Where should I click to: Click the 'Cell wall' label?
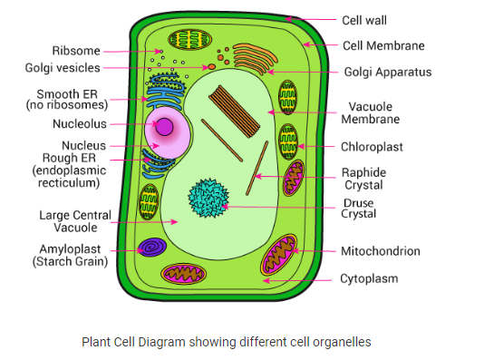(x=364, y=20)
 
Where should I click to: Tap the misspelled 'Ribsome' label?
(x=76, y=51)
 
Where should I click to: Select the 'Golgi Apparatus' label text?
(x=388, y=72)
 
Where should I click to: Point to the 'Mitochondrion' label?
(x=381, y=251)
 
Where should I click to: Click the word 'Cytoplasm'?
(x=369, y=278)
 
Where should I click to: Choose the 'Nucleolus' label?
(x=80, y=124)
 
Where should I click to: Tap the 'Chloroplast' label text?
(x=372, y=147)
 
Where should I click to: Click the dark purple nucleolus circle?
(x=164, y=127)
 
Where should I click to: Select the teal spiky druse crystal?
(x=208, y=198)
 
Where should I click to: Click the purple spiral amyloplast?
(x=152, y=247)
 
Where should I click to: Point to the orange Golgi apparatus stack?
(x=255, y=59)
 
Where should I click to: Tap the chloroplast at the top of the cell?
(x=190, y=40)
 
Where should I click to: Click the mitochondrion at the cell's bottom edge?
(x=184, y=274)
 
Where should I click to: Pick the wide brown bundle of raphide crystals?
(x=234, y=112)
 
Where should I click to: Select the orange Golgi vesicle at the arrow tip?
(x=211, y=67)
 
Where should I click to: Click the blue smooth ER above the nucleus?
(x=166, y=92)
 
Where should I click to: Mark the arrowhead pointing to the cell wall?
(x=288, y=19)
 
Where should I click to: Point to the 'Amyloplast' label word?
(x=70, y=248)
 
